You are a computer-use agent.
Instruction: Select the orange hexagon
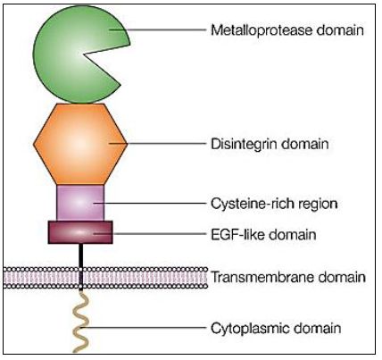coord(80,144)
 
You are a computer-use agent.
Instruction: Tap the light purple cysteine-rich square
coord(80,203)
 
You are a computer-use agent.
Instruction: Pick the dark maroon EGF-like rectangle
coord(80,232)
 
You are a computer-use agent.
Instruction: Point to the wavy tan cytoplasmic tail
coord(80,322)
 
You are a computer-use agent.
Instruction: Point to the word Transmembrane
coord(262,277)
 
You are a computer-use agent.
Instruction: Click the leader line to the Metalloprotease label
coord(158,29)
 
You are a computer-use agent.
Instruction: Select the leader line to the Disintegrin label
coord(158,144)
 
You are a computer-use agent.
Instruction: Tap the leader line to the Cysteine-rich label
coord(150,204)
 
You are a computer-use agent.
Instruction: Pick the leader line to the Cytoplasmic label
coord(143,328)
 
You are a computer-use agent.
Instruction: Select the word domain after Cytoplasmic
coord(318,328)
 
